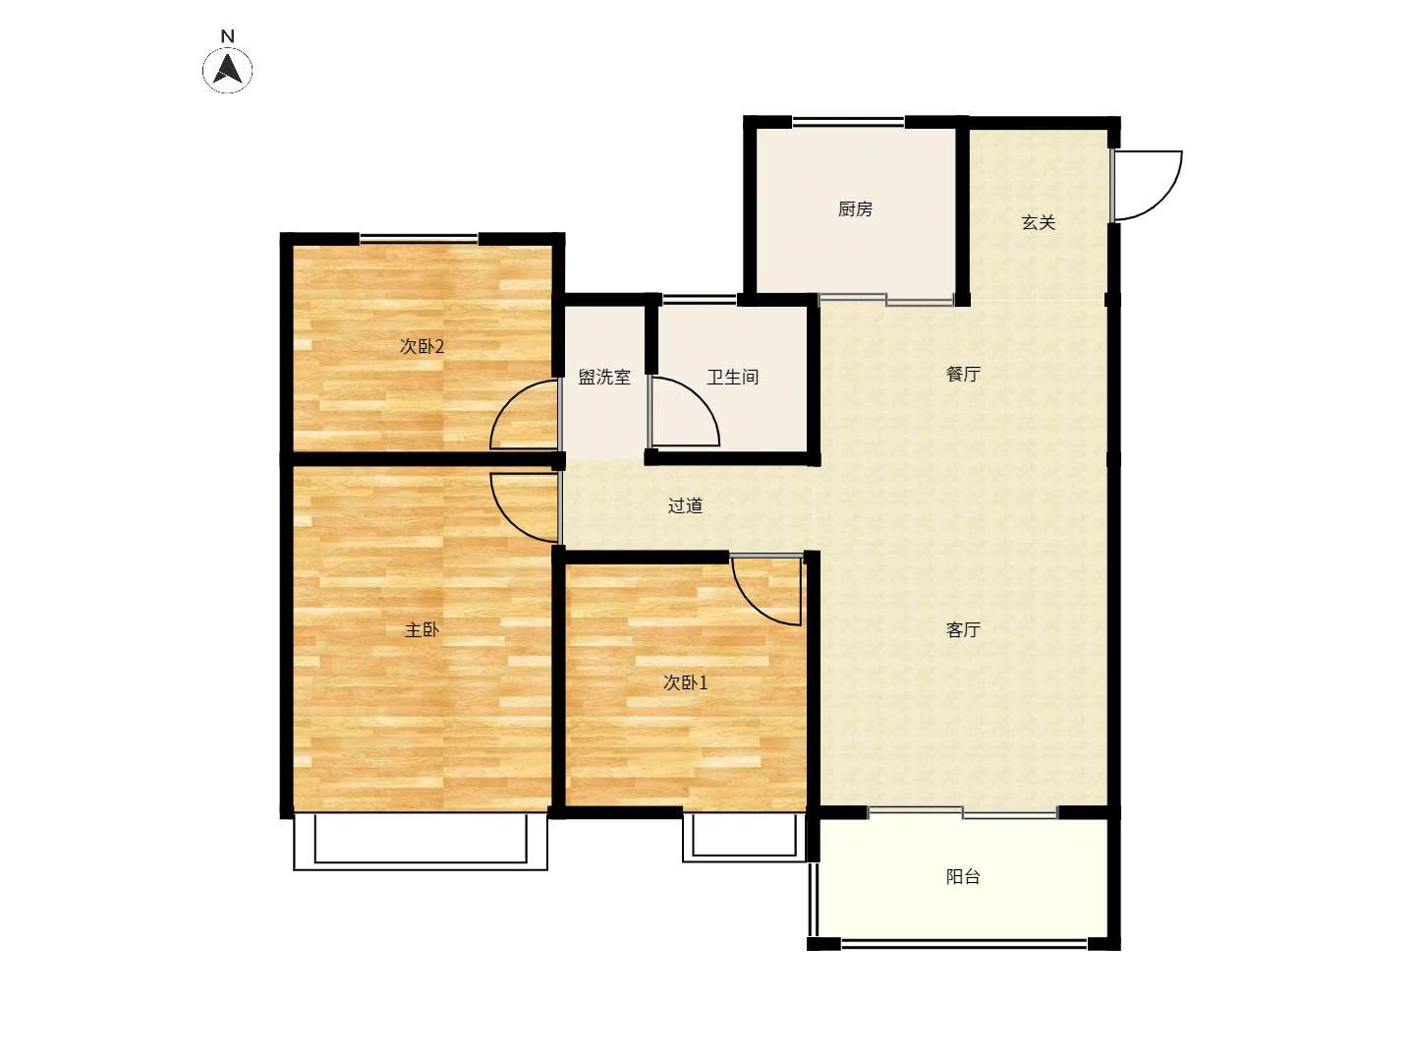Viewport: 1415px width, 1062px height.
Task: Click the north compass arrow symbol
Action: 227,69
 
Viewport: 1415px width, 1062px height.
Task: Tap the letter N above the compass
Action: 228,36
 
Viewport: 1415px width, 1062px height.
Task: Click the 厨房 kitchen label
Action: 855,208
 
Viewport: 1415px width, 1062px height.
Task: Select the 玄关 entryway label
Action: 1039,222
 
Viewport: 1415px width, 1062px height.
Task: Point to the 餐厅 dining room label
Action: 963,374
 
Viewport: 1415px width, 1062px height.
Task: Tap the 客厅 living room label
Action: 963,629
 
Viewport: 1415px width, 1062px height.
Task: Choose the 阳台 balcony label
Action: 963,876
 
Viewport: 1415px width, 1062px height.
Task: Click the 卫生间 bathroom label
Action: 732,377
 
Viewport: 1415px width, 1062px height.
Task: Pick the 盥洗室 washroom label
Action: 604,377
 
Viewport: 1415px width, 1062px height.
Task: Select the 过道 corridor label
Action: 685,505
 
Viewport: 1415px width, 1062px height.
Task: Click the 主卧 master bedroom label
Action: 422,629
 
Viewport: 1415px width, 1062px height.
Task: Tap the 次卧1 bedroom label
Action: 685,682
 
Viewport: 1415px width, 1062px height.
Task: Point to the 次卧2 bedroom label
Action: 422,346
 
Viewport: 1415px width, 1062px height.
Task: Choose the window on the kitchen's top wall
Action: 848,121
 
